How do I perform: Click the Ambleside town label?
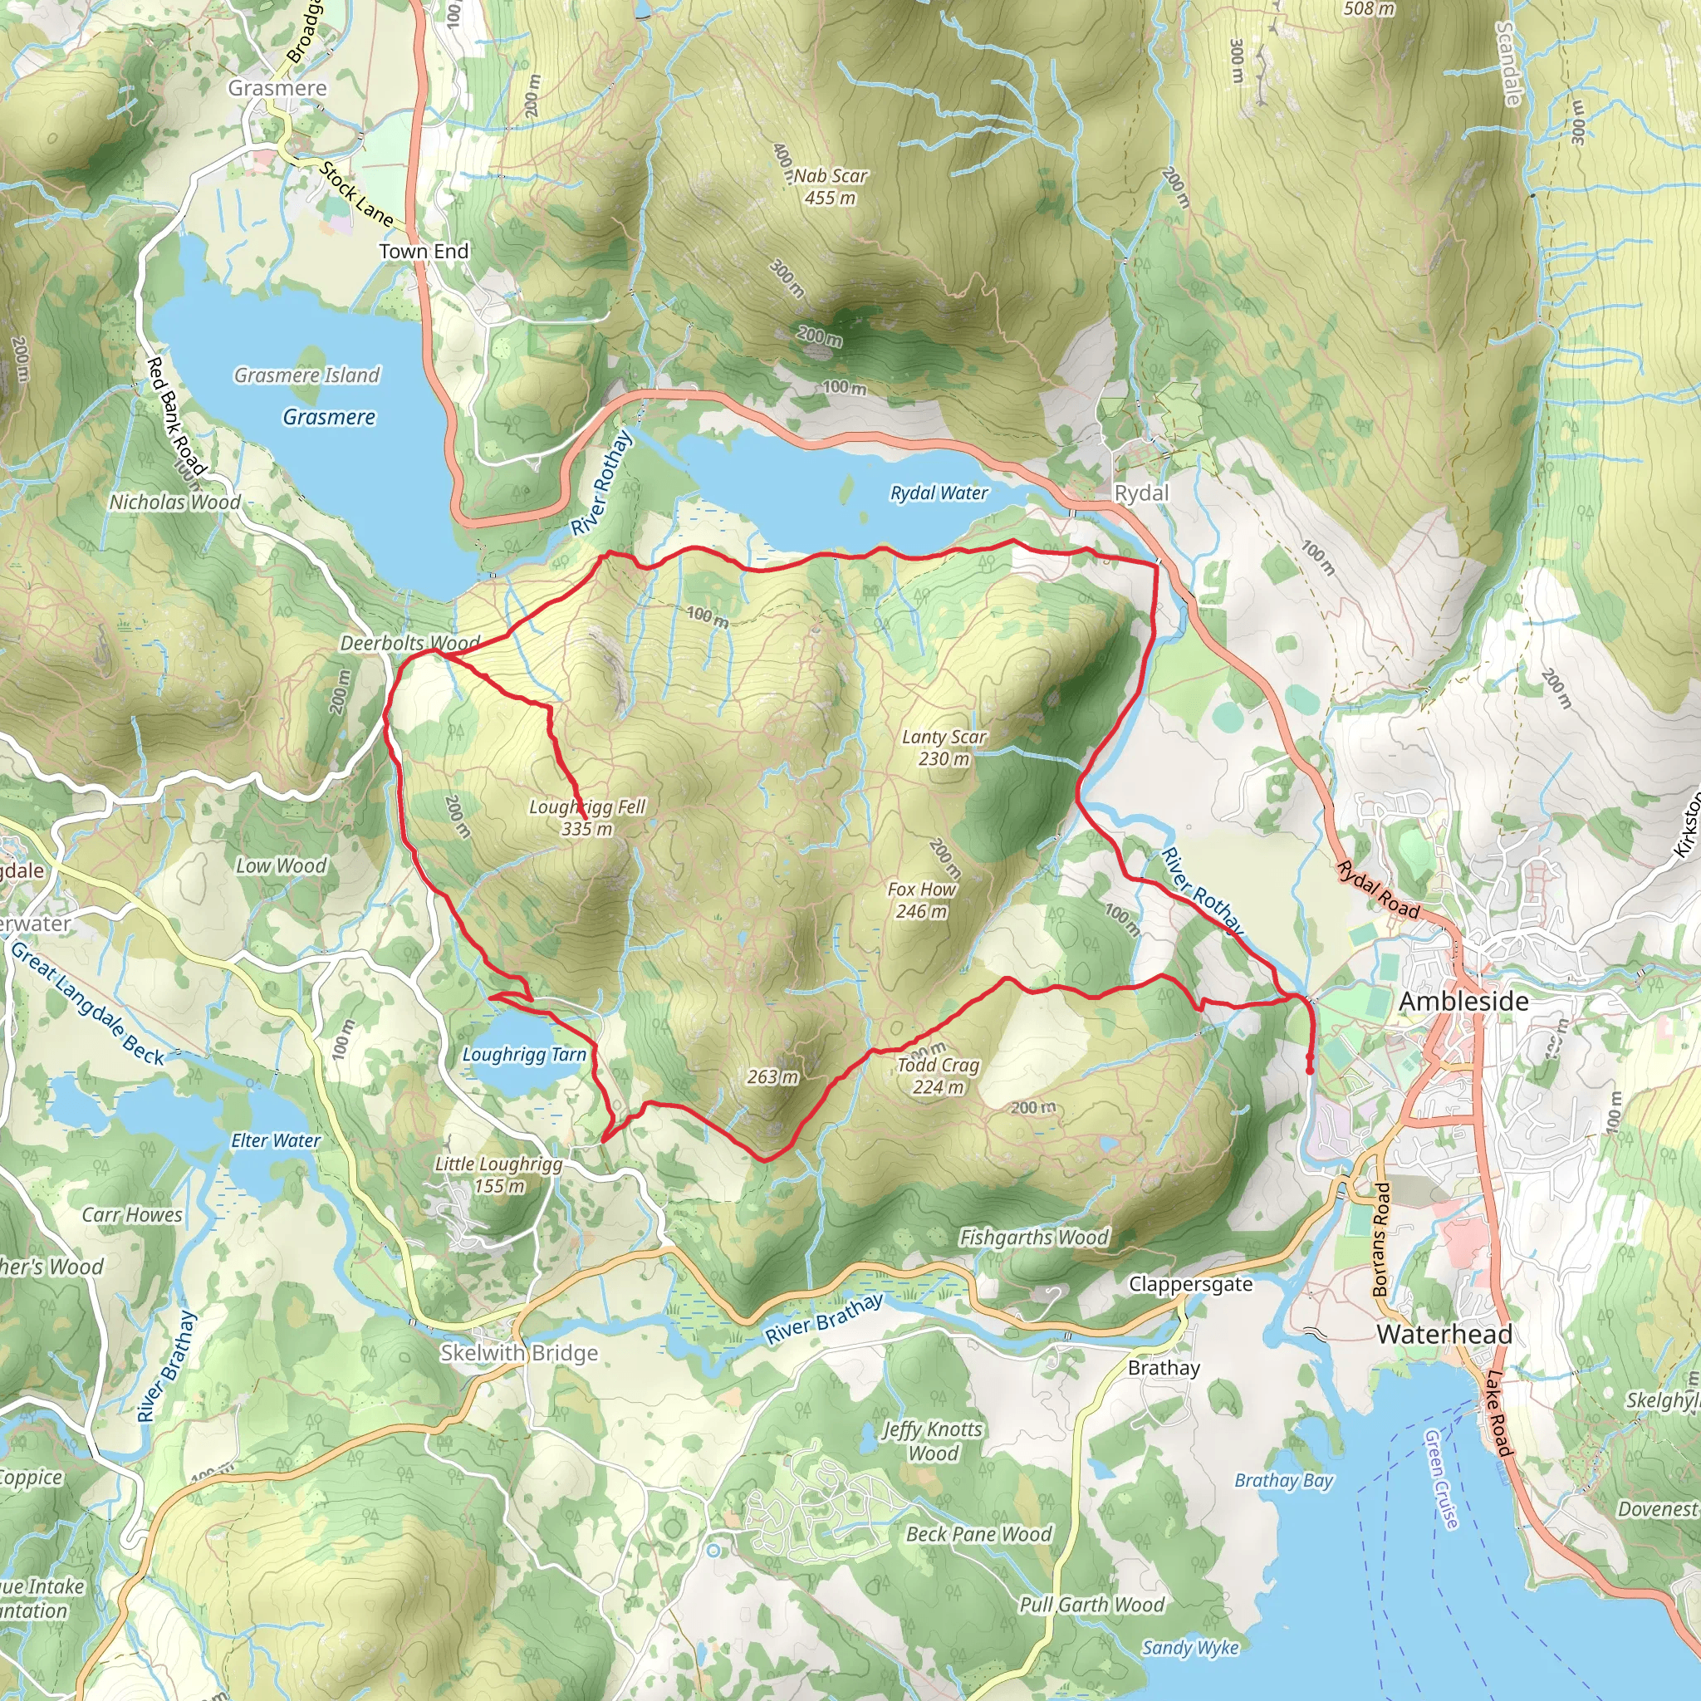(1463, 1001)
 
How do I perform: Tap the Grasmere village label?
(277, 88)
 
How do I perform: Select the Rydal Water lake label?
(939, 493)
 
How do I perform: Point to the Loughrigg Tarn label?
(524, 1055)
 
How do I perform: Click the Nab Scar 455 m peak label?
(830, 187)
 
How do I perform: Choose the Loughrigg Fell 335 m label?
(587, 817)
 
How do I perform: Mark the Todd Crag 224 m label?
(938, 1076)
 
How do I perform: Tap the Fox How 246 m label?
(921, 900)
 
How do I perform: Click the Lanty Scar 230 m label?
(944, 748)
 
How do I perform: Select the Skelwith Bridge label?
(519, 1353)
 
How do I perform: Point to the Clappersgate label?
(1190, 1284)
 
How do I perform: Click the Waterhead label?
(1444, 1334)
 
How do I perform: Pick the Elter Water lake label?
(276, 1140)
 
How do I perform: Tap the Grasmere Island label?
(306, 375)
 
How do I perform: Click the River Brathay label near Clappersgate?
(823, 1319)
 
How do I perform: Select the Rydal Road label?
(1378, 891)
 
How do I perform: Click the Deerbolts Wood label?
(410, 643)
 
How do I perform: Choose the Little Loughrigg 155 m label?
(498, 1174)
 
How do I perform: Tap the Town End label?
(424, 251)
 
